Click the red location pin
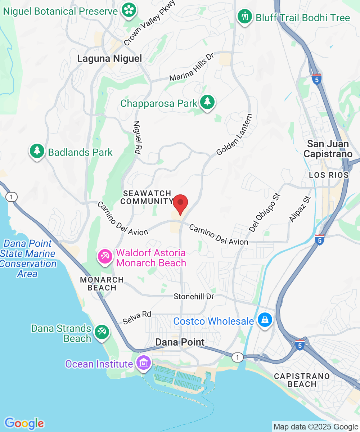pos(180,204)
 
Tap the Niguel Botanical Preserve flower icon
pos(128,10)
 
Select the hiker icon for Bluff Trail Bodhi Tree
pos(245,17)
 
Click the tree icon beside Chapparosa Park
pos(207,103)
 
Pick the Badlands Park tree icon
pos(37,151)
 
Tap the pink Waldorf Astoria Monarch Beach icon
pos(105,257)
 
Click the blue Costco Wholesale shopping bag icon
pos(265,320)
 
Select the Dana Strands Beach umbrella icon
pos(102,333)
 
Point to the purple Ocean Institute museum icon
pos(144,363)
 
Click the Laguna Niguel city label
pos(109,58)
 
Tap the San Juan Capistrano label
pos(328,149)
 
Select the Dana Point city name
pos(180,342)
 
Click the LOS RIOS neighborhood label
pos(329,175)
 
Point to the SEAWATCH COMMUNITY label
pos(147,197)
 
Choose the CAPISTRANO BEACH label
pos(302,380)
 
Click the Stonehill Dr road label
pos(194,296)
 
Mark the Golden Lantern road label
pos(234,135)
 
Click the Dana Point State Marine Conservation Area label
pos(28,258)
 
